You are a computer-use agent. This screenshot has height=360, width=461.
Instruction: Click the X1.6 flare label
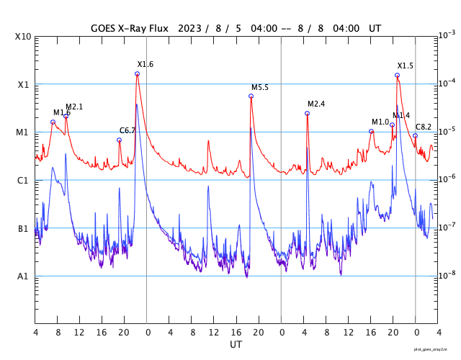coord(146,65)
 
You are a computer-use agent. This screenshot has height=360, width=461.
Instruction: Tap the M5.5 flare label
coord(260,88)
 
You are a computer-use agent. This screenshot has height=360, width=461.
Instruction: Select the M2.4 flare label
coord(316,104)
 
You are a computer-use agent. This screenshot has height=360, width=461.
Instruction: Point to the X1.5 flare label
coord(406,66)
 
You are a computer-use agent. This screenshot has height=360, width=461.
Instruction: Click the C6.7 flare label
coord(127,131)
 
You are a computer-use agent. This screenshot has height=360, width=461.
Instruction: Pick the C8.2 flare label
coord(424,127)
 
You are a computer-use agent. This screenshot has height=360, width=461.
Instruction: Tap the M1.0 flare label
coord(380,122)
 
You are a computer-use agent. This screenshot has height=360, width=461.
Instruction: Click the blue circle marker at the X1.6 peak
coord(137,74)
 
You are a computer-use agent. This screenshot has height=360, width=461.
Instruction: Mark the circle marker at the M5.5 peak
coord(251,96)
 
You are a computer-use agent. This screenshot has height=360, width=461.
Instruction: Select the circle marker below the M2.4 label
coord(307,113)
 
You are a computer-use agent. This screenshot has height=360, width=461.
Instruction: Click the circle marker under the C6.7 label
coord(120,140)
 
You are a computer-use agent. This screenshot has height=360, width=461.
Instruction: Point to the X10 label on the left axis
coord(22,37)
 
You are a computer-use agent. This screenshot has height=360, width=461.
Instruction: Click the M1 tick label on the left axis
coord(23,132)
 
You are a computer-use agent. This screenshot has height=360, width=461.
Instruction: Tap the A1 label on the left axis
coord(23,276)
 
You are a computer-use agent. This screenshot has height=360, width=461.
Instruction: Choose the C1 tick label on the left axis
coord(23,181)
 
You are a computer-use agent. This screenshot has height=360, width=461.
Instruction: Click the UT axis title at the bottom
coord(236,345)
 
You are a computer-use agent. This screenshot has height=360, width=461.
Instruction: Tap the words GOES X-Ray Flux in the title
coord(130,29)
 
